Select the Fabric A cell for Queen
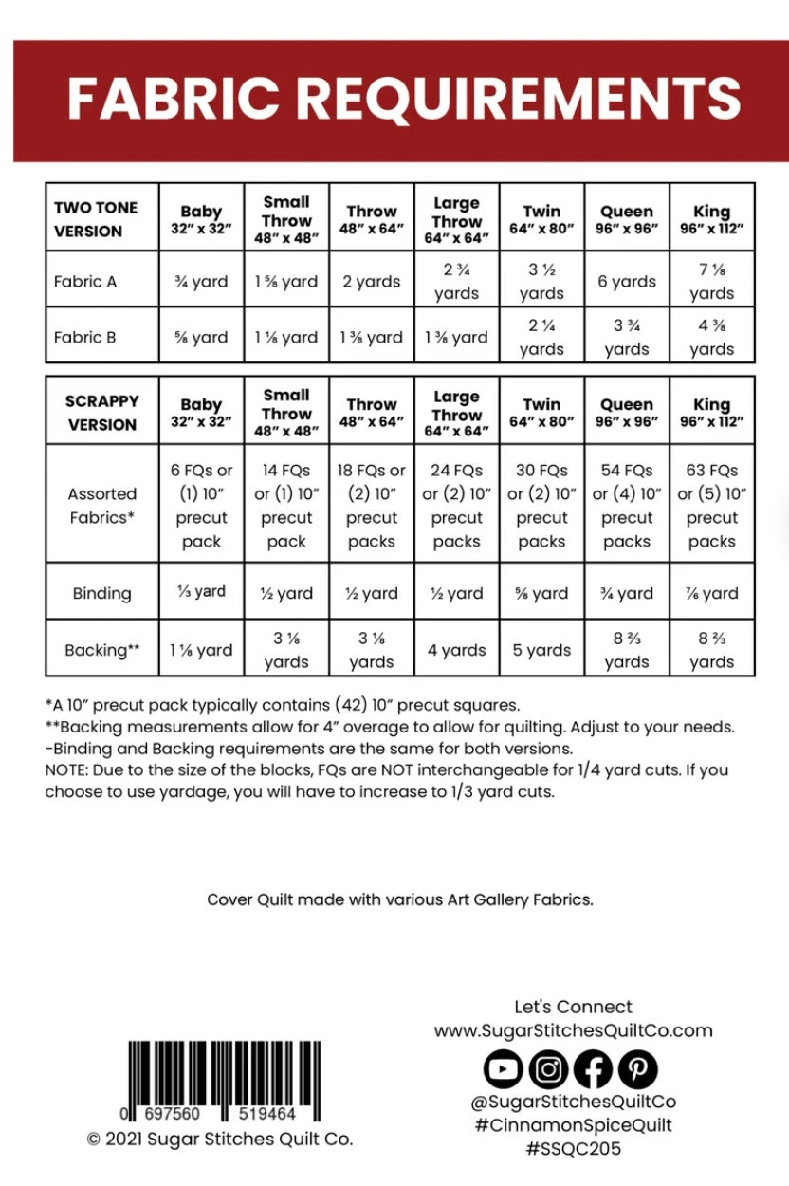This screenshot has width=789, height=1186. tap(627, 282)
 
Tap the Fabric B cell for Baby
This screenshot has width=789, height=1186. tap(201, 337)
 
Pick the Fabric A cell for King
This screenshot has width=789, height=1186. tap(711, 282)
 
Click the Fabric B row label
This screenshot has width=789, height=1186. tap(85, 337)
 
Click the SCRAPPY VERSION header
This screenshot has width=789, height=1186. tap(101, 413)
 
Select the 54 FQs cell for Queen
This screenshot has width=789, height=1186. tap(627, 506)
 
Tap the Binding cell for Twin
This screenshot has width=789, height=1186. tap(541, 593)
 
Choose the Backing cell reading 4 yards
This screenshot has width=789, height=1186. tap(456, 650)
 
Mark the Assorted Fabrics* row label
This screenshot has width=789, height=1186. tap(101, 506)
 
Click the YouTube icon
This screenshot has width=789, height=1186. tap(503, 1069)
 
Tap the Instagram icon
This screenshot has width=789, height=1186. tap(548, 1069)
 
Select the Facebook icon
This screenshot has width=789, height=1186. tap(593, 1069)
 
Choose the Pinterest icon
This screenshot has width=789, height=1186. tap(637, 1069)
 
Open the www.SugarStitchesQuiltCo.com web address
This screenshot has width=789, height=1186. tap(573, 1030)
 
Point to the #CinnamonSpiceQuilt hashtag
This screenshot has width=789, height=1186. tap(573, 1125)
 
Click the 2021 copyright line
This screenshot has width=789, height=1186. tap(220, 1139)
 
